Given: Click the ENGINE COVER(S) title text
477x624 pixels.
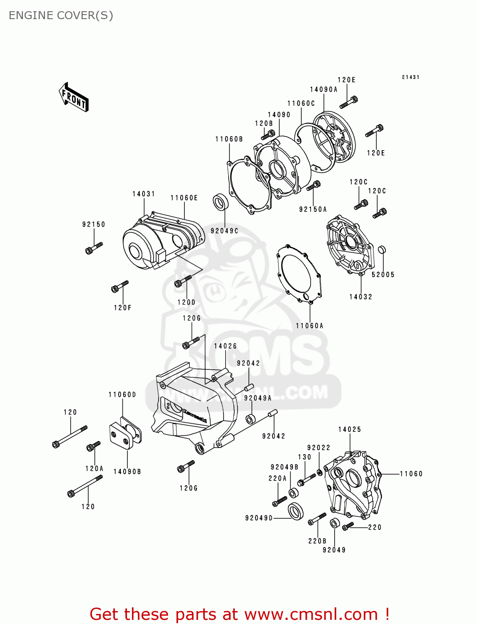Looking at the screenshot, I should [x=61, y=15].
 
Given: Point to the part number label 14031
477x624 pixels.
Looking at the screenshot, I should [x=144, y=194].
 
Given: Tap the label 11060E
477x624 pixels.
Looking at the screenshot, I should [x=184, y=198].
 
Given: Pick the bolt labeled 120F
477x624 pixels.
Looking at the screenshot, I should [x=120, y=286].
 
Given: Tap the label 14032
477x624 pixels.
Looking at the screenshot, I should [x=360, y=297].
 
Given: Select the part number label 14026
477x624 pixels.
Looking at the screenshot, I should [x=225, y=346].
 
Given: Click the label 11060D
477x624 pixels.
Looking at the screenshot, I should [x=122, y=394].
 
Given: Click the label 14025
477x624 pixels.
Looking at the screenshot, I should [x=350, y=429].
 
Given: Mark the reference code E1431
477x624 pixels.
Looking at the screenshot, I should [x=410, y=77].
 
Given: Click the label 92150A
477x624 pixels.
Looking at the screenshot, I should [x=313, y=209].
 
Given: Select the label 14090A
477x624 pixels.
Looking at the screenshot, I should [x=323, y=89].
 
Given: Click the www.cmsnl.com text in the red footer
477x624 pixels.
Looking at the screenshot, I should [x=311, y=614].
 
